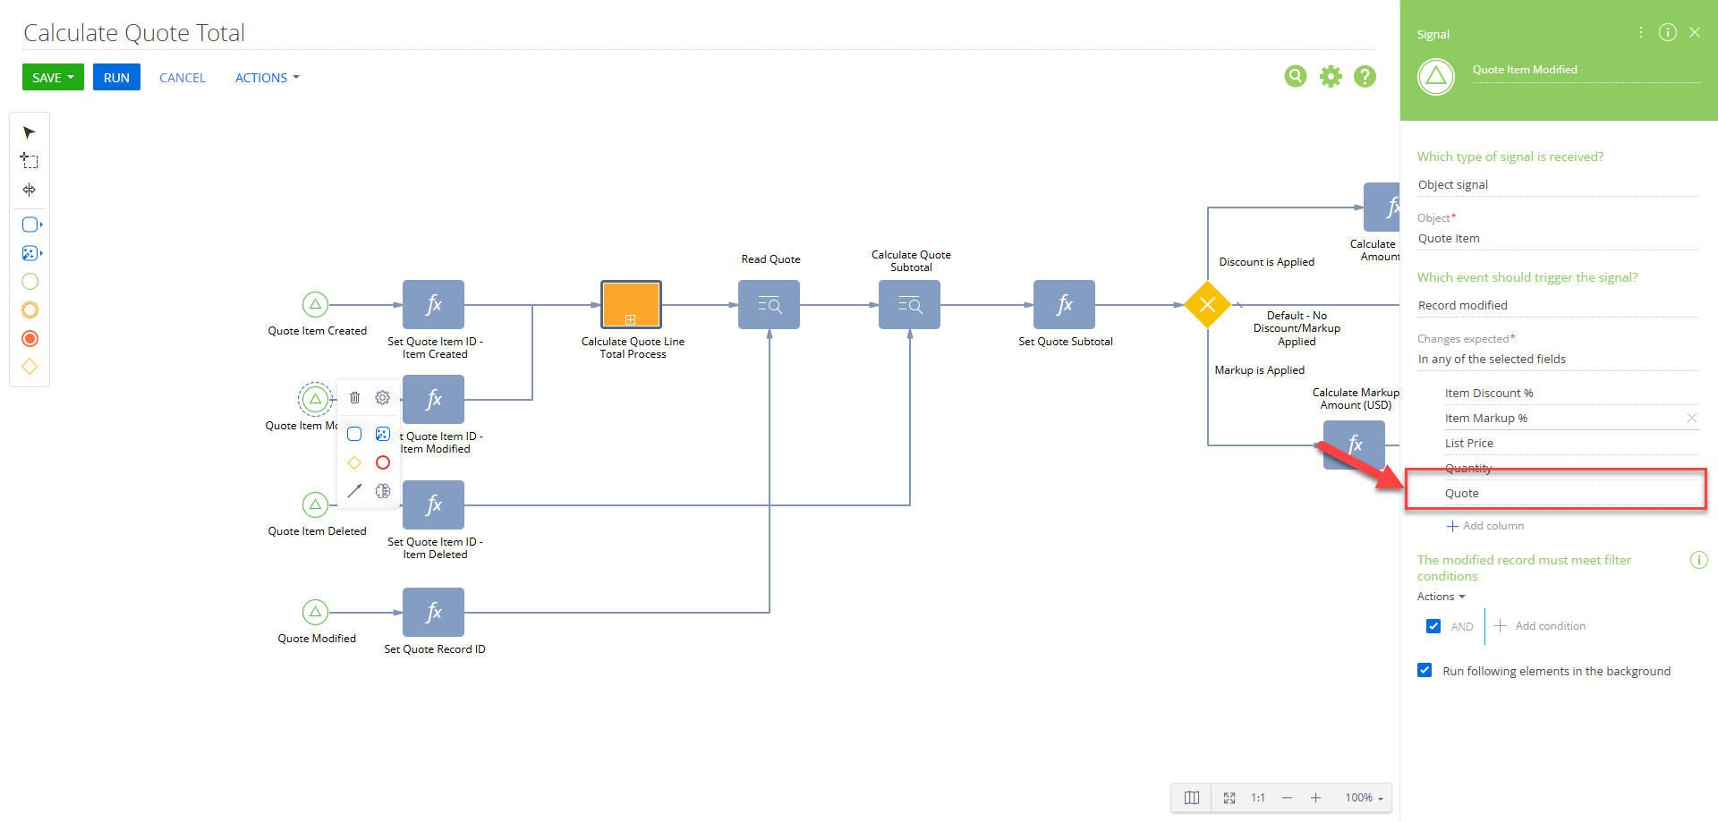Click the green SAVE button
pyautogui.click(x=53, y=77)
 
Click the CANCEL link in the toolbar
pyautogui.click(x=183, y=78)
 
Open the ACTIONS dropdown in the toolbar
pyautogui.click(x=267, y=78)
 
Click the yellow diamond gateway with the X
pyautogui.click(x=1207, y=305)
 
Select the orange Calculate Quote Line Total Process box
pyautogui.click(x=631, y=305)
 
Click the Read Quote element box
pyautogui.click(x=769, y=305)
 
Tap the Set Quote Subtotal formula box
pyautogui.click(x=1064, y=305)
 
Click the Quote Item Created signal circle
pyautogui.click(x=315, y=304)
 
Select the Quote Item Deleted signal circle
pyautogui.click(x=315, y=504)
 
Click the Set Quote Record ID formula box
pyautogui.click(x=433, y=612)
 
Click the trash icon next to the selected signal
pyautogui.click(x=354, y=398)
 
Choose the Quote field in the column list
pyautogui.click(x=1462, y=493)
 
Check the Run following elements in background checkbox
pyautogui.click(x=1425, y=670)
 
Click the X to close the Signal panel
pyautogui.click(x=1695, y=32)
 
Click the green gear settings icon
pyautogui.click(x=1331, y=77)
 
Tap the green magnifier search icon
pyautogui.click(x=1296, y=77)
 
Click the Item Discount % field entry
pyautogui.click(x=1489, y=393)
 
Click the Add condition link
pyautogui.click(x=1541, y=626)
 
